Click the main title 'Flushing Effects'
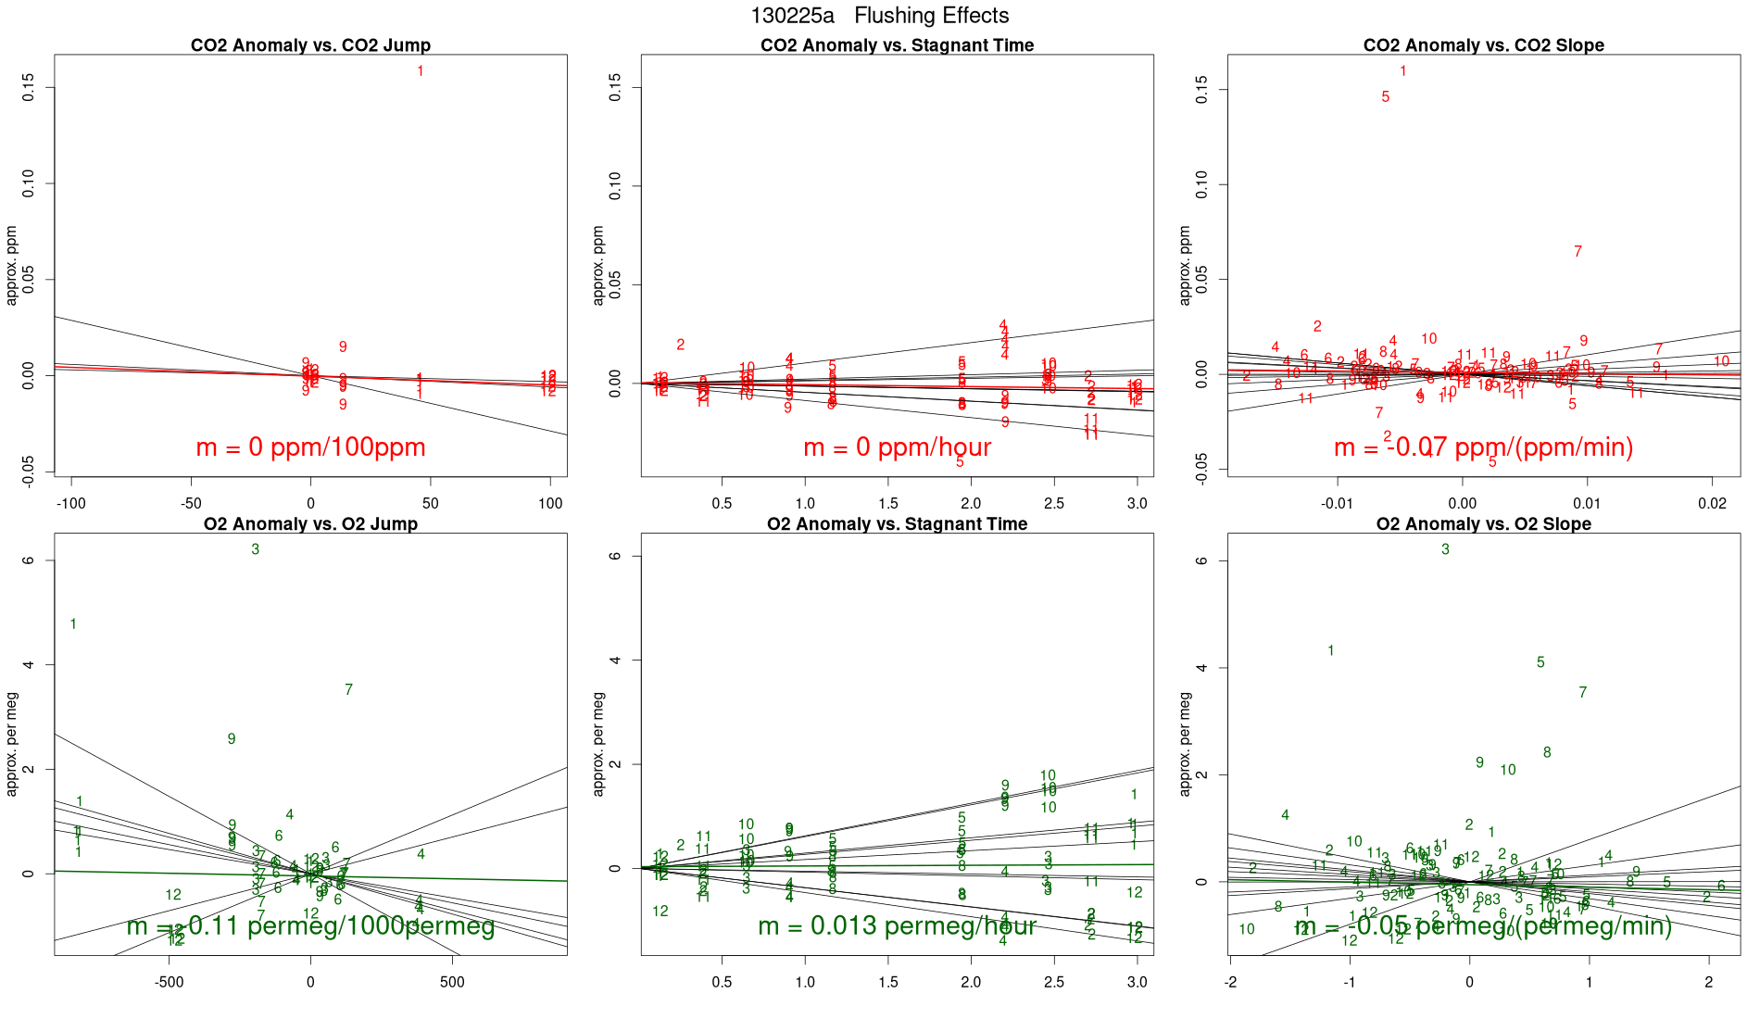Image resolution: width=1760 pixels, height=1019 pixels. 931,16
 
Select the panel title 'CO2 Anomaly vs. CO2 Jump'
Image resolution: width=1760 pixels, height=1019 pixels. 310,45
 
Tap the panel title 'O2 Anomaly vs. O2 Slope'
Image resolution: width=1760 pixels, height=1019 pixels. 1483,524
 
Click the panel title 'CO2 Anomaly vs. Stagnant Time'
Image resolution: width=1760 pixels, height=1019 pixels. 897,45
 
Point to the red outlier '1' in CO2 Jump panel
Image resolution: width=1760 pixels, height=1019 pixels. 421,71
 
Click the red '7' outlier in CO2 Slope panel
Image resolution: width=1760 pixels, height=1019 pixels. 1578,251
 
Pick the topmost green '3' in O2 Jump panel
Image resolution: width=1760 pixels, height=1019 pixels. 256,549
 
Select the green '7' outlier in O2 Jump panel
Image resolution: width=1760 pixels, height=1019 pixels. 348,689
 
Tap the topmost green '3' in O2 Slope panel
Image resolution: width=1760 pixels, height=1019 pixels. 1445,549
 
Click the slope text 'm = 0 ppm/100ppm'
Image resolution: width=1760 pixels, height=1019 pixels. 310,447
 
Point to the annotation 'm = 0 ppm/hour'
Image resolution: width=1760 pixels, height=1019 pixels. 897,447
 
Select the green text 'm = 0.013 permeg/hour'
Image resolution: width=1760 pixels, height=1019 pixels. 897,925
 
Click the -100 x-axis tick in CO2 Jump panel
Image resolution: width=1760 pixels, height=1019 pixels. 71,504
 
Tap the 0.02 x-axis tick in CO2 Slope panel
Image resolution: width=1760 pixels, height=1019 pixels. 1712,504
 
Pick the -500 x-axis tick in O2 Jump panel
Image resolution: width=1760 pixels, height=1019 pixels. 169,982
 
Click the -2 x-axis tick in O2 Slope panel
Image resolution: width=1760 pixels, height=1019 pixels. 1230,982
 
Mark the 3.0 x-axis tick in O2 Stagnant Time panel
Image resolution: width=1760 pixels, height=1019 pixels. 1137,982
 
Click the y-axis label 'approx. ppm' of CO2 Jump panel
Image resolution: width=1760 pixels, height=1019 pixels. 12,266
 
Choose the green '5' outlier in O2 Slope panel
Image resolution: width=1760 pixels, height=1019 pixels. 1540,662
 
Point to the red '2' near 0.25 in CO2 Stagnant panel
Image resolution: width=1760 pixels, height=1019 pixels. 680,345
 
